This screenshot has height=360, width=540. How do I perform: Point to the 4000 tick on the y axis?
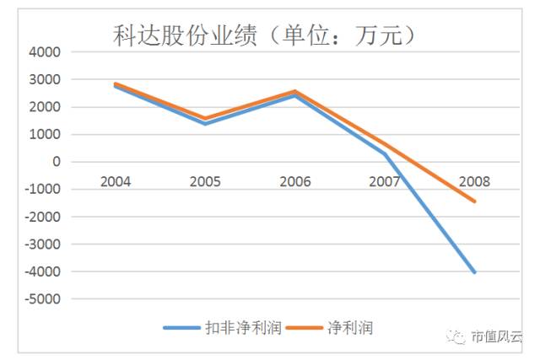(x=45, y=52)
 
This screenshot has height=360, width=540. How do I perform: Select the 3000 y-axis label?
(x=45, y=79)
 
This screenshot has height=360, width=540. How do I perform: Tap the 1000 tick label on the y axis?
(x=45, y=134)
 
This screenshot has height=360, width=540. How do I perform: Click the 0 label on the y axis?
(x=56, y=162)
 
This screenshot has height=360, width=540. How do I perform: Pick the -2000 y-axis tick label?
(x=42, y=217)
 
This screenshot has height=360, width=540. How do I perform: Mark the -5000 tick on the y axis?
(x=42, y=298)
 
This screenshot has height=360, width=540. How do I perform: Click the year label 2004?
(x=115, y=181)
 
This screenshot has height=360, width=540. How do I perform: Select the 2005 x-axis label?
(x=205, y=181)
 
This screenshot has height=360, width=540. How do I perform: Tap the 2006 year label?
(x=294, y=181)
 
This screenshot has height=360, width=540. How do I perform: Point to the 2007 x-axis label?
(x=385, y=181)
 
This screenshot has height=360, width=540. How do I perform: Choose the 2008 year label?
(x=474, y=181)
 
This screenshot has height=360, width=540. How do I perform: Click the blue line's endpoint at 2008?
(x=475, y=272)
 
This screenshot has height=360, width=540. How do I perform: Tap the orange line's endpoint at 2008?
(x=475, y=201)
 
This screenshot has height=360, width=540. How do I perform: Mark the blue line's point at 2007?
(x=385, y=153)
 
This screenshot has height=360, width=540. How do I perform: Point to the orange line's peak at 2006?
(x=294, y=91)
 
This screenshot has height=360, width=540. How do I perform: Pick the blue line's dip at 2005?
(x=205, y=123)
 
